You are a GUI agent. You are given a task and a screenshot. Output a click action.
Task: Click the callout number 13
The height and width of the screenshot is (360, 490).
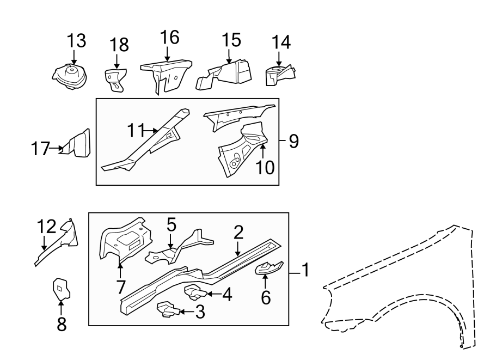click(x=77, y=41)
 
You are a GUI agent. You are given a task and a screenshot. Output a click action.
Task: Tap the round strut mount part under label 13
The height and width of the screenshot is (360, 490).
click(x=70, y=76)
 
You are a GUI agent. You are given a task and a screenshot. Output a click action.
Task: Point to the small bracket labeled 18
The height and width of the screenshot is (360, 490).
click(x=115, y=78)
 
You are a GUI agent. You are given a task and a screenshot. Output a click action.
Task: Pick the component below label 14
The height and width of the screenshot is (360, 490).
click(x=279, y=75)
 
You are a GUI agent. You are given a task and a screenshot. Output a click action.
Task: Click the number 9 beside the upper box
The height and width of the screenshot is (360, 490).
click(x=293, y=142)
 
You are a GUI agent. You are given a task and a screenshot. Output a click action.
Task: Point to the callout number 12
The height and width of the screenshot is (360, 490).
click(x=47, y=227)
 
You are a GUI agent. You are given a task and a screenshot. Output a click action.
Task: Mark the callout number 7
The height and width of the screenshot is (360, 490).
click(x=120, y=285)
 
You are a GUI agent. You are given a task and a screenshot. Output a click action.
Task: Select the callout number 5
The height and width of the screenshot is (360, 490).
click(x=171, y=224)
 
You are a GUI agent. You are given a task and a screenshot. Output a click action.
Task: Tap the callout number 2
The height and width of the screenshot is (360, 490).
click(x=238, y=233)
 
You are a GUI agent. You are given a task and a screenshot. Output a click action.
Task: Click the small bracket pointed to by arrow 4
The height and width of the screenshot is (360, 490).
click(x=195, y=293)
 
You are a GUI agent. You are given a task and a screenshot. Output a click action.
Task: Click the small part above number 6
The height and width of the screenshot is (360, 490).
click(x=268, y=267)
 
